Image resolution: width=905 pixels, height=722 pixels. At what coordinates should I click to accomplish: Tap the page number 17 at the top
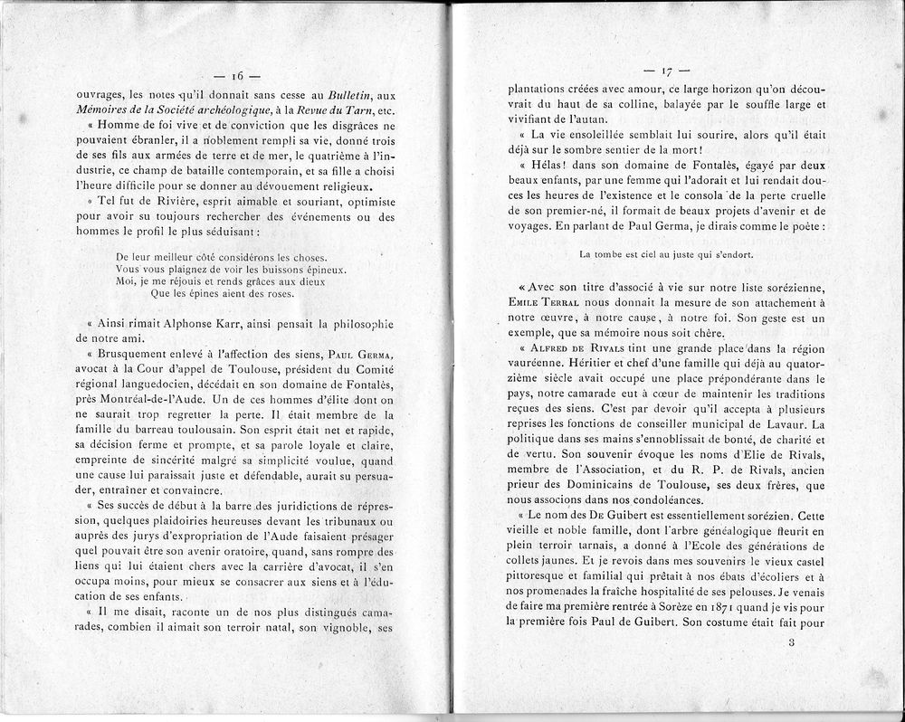point(670,71)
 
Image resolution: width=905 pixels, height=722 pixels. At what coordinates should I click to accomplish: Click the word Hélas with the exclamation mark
point(543,166)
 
